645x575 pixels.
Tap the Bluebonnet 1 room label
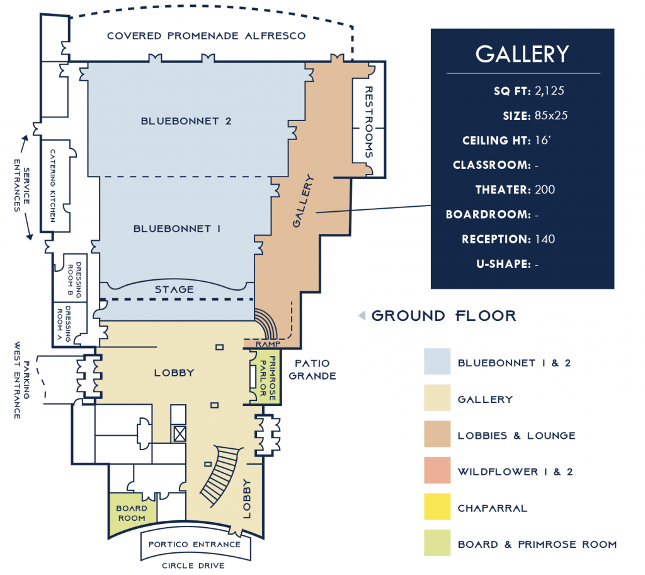point(176,229)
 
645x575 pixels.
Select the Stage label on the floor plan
point(174,289)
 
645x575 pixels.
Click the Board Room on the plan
point(131,513)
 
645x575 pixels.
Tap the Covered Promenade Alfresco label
point(206,36)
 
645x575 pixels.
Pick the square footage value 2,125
point(549,90)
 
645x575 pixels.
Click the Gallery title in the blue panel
point(522,54)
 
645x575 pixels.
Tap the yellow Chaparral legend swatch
point(437,507)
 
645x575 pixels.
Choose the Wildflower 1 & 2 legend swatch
point(437,471)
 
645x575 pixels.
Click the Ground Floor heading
point(443,316)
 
